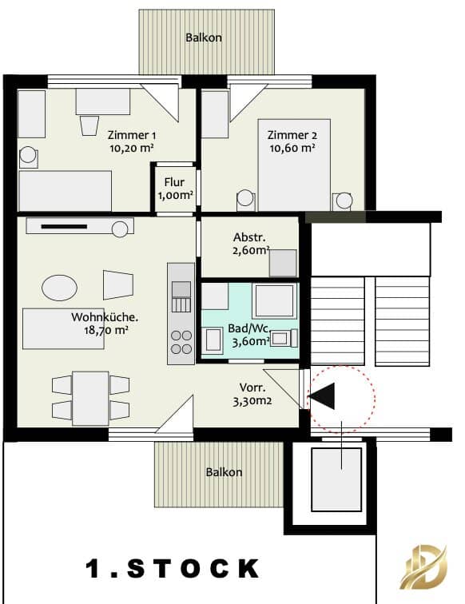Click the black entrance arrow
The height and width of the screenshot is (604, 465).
pos(324,396)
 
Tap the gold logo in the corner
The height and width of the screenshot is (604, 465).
pos(423,567)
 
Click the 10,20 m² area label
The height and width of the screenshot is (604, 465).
pos(132,148)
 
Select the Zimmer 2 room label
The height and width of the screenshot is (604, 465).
pos(292,135)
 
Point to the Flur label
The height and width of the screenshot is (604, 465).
pos(174,182)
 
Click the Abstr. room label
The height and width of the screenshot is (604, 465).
pos(249,237)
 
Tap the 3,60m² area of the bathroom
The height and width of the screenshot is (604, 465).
pos(250,342)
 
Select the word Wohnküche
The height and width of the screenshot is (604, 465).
pos(105,317)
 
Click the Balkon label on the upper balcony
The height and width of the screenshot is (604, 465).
pos(204,38)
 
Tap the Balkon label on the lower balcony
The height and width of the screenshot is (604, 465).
pos(224,472)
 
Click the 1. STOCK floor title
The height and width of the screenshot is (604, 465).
pos(173,569)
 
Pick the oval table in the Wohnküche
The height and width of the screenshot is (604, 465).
pos(59,288)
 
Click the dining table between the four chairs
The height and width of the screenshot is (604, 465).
pos(90,399)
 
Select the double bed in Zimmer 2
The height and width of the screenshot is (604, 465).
pos(294,165)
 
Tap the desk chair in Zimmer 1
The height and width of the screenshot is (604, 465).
pos(89,125)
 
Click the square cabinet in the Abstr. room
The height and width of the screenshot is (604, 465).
pos(283,263)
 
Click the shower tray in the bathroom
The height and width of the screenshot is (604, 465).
pos(274,301)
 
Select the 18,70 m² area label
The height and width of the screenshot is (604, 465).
pos(106,331)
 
